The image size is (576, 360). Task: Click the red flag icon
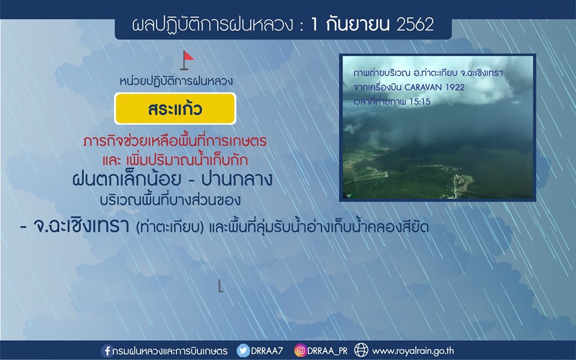pyautogui.click(x=187, y=60)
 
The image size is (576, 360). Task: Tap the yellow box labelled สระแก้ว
pyautogui.click(x=175, y=109)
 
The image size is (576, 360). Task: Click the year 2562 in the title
pyautogui.click(x=415, y=24)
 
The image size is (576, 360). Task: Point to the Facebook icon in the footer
pyautogui.click(x=107, y=351)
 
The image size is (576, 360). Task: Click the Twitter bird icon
pyautogui.click(x=242, y=350)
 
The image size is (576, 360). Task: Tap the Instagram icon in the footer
pyautogui.click(x=300, y=350)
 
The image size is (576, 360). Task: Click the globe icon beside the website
pyautogui.click(x=361, y=350)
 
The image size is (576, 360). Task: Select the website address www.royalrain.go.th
pyautogui.click(x=413, y=351)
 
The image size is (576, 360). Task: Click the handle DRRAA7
pyautogui.click(x=266, y=351)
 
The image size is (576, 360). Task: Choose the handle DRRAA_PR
pyautogui.click(x=328, y=351)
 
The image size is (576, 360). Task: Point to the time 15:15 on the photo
pyautogui.click(x=419, y=102)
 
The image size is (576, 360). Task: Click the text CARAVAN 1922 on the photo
pyautogui.click(x=434, y=88)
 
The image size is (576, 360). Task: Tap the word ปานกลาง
pyautogui.click(x=237, y=179)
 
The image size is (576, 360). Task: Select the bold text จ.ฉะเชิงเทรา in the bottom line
pyautogui.click(x=81, y=226)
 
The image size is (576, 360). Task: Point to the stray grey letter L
pyautogui.click(x=220, y=286)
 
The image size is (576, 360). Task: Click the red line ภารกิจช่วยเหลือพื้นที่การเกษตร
pyautogui.click(x=175, y=140)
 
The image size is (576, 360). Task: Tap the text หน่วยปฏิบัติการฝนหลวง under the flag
pyautogui.click(x=176, y=81)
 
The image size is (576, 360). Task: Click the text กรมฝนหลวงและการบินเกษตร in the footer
pyautogui.click(x=170, y=351)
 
